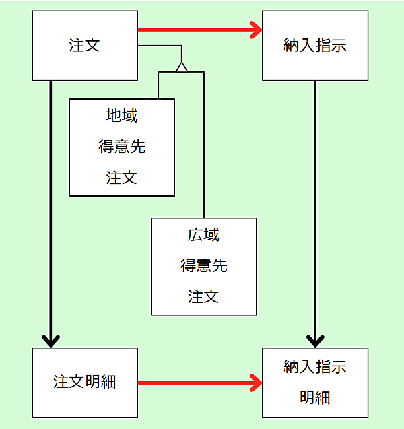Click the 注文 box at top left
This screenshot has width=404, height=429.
(85, 46)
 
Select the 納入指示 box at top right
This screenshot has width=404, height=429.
(315, 46)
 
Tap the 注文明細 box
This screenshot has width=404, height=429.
(85, 382)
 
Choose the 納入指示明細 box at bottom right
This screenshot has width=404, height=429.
(315, 382)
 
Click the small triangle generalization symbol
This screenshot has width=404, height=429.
(180, 66)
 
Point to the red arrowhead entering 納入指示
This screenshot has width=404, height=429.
(257, 30)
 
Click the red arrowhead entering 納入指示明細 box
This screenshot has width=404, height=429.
(257, 383)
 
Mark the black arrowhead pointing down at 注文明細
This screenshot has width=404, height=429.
(50, 339)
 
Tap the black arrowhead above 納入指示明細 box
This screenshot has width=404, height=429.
(315, 339)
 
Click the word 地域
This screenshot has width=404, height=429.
(122, 116)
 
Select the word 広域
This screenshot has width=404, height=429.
(203, 235)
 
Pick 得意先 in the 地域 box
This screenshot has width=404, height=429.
(122, 147)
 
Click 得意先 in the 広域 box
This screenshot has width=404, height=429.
(203, 266)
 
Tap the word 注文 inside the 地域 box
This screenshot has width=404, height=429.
(122, 178)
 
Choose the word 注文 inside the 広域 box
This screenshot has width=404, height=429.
(203, 296)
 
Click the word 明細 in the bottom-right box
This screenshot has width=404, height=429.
(315, 397)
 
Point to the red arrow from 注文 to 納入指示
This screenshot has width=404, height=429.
(195, 30)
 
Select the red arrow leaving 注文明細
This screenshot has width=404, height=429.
(195, 383)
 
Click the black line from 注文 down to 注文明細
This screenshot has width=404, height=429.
(50, 202)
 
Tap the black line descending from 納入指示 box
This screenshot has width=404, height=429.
(315, 202)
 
